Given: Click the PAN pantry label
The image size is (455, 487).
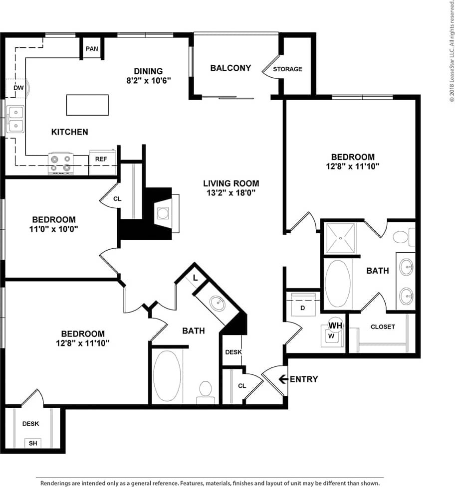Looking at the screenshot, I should click(x=92, y=48).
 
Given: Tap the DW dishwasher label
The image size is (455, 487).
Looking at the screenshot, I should click(x=18, y=88).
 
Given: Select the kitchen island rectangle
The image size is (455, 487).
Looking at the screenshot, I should click(x=87, y=105).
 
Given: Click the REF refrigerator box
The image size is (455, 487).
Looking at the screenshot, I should click(x=101, y=159).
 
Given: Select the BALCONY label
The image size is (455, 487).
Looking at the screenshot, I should click(x=230, y=68).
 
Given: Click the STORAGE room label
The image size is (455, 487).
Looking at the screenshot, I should click(x=288, y=69).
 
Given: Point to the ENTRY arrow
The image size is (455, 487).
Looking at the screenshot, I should click(x=283, y=379).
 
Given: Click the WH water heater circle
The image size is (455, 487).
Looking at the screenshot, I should click(x=334, y=325).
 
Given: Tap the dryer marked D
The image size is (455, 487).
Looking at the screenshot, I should click(x=302, y=308).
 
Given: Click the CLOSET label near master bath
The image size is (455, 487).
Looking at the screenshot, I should click(x=383, y=327).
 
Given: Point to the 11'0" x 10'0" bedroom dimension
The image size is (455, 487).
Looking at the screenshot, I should click(x=54, y=229).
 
